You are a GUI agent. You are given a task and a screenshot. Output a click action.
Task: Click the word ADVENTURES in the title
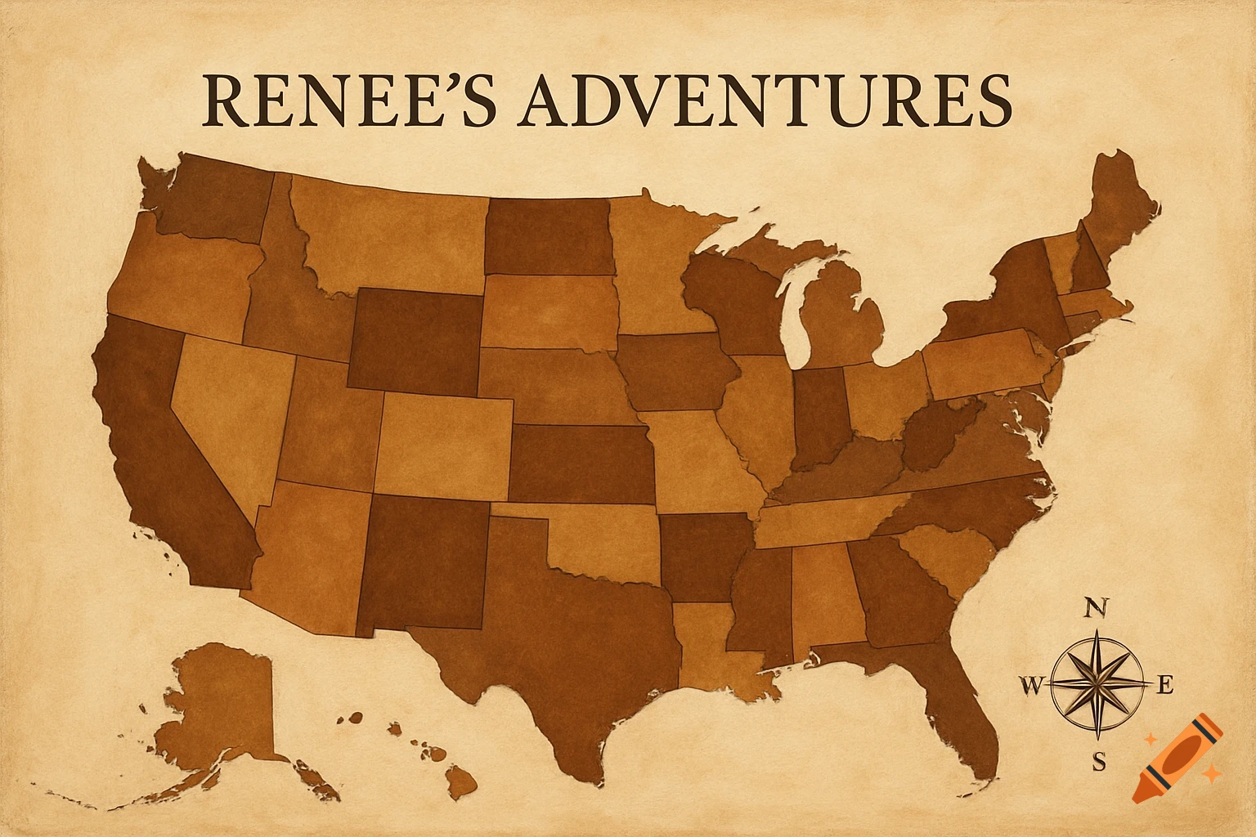pyautogui.click(x=760, y=101)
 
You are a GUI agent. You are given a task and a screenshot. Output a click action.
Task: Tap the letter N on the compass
pyautogui.click(x=1098, y=608)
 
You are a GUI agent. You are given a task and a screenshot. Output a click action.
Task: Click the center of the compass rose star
pyautogui.click(x=1098, y=683)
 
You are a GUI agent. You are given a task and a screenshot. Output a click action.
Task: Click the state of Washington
pyautogui.click(x=213, y=196)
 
